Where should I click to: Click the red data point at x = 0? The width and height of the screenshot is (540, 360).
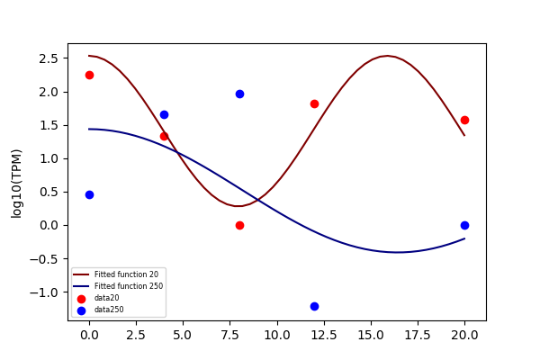coord(89,75)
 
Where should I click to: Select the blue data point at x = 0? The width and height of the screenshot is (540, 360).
coord(89,195)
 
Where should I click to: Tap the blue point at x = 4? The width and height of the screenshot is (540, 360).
coord(165,114)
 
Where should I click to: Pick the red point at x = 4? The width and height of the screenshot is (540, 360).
coord(165,137)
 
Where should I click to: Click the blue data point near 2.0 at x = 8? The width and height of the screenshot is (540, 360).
coord(239,94)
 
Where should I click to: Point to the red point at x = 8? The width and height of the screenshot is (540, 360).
coord(239,226)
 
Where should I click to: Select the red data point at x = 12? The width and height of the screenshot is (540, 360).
coord(314,104)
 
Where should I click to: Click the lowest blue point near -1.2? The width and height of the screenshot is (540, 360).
coord(314,306)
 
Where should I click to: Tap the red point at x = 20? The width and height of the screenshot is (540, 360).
coord(464,121)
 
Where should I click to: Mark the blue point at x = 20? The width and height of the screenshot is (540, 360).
coord(464,225)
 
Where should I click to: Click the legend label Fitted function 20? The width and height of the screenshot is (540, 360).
coord(126,274)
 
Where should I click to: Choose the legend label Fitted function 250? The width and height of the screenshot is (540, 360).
coord(129,286)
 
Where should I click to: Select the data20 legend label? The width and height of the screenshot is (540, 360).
coord(107,298)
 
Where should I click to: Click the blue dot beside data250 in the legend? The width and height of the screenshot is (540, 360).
coord(81,310)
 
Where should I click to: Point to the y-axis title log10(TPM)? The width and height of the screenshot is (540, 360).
coord(16,184)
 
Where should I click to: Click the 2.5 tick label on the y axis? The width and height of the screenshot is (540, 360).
coord(49,58)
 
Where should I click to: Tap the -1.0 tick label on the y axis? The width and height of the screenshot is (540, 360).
coord(44,292)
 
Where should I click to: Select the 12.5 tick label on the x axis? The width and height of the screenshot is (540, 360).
coord(324,335)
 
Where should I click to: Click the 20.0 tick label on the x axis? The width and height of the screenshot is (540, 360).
coord(464,335)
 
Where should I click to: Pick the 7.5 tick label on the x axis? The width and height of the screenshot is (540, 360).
coord(229,335)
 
